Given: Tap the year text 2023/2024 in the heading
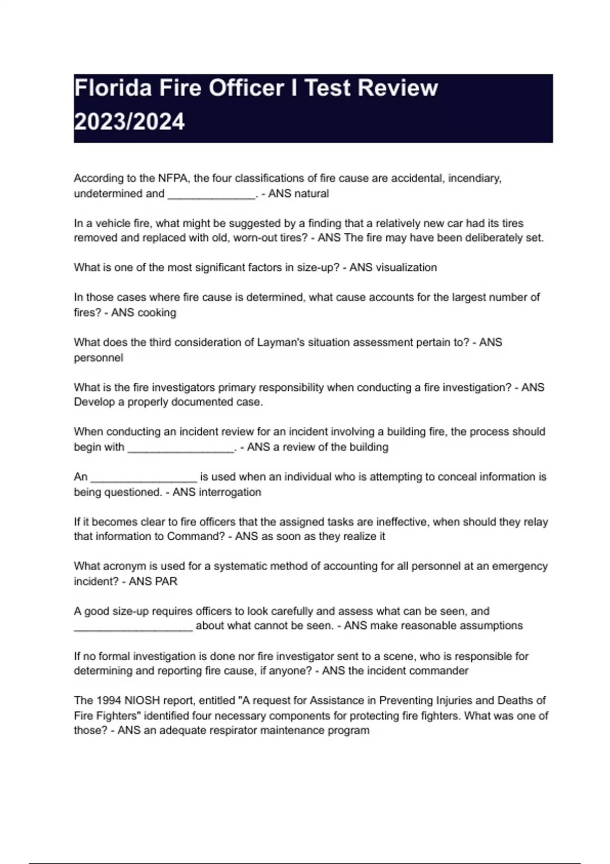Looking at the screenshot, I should pos(129,122).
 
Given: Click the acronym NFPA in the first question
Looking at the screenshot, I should pos(173,178).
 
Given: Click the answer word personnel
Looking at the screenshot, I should pos(98,358).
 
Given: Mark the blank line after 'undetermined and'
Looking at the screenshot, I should pos(211,196).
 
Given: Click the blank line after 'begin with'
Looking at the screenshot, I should pos(181,449).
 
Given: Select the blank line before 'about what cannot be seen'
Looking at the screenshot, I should pos(133,628).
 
